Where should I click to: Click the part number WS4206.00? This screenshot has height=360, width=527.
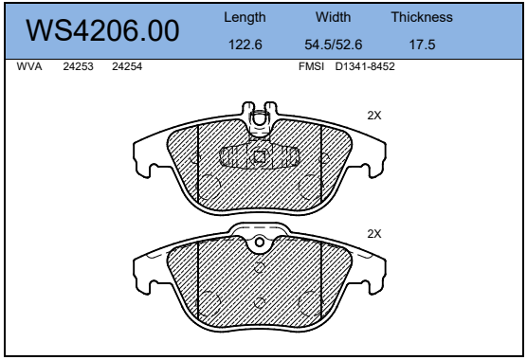tap(102, 30)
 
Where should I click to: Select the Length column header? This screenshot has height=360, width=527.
tap(245, 17)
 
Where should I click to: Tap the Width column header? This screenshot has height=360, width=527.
tap(333, 17)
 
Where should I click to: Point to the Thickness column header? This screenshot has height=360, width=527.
tap(422, 17)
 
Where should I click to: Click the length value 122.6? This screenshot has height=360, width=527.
tap(245, 45)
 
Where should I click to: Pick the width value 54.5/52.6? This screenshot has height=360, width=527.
tap(333, 45)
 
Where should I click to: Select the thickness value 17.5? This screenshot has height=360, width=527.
tap(422, 45)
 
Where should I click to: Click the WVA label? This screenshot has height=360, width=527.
tap(29, 66)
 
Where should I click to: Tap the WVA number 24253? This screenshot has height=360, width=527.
tap(78, 66)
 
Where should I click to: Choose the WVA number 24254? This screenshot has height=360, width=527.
tap(127, 66)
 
